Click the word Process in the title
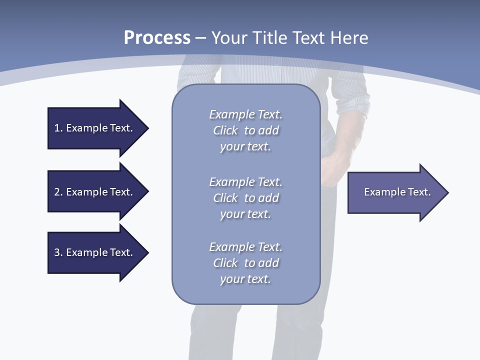[157, 38]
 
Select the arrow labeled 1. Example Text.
[95, 128]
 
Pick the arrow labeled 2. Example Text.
[95, 192]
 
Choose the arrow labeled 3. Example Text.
[95, 252]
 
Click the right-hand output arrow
[395, 192]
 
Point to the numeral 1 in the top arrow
[57, 128]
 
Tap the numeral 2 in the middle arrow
[57, 192]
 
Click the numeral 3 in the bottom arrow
[57, 252]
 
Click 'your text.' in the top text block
[245, 147]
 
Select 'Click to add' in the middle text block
[245, 198]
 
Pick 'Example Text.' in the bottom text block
[245, 247]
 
